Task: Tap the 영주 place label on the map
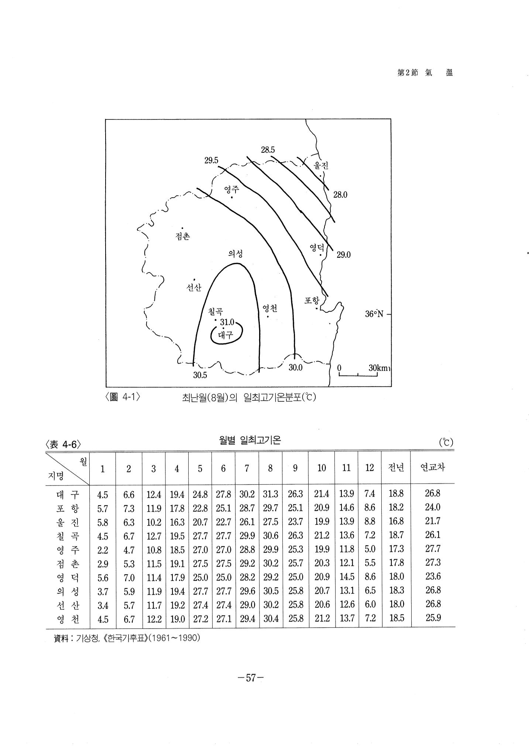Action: click(231, 190)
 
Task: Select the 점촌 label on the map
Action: click(183, 236)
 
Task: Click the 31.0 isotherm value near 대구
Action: click(227, 322)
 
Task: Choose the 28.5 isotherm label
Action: click(268, 150)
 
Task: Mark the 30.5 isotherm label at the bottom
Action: click(200, 375)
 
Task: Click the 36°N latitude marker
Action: click(374, 314)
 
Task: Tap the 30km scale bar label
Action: click(378, 368)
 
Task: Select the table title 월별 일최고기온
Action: click(250, 440)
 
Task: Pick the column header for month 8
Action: click(270, 468)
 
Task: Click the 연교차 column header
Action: click(433, 468)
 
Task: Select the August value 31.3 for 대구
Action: click(271, 494)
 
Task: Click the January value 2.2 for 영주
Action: click(103, 550)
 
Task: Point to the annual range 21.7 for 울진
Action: click(433, 521)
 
